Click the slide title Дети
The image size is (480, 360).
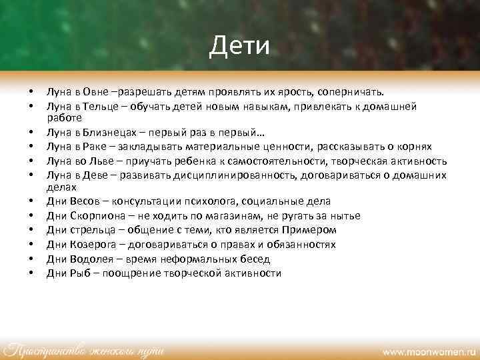click(x=239, y=46)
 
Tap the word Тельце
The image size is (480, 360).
click(x=101, y=105)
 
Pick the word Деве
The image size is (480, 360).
click(x=96, y=174)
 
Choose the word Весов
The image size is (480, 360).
click(x=85, y=201)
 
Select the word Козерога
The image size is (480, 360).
click(x=93, y=244)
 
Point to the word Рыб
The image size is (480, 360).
click(x=79, y=273)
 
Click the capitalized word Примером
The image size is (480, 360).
click(x=313, y=229)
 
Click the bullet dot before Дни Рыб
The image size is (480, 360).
click(x=31, y=273)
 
